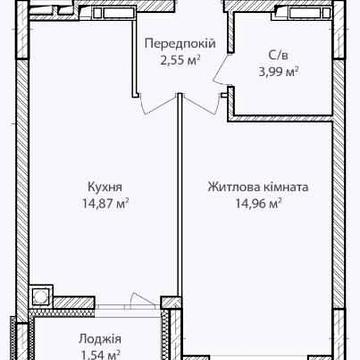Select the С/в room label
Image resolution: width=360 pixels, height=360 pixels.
(280, 56)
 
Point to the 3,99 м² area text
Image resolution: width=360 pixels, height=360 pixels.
(280, 71)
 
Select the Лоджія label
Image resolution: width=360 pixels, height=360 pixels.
(99, 339)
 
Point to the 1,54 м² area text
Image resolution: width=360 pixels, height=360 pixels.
(99, 354)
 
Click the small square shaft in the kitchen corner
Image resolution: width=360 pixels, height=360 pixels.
(41, 295)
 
